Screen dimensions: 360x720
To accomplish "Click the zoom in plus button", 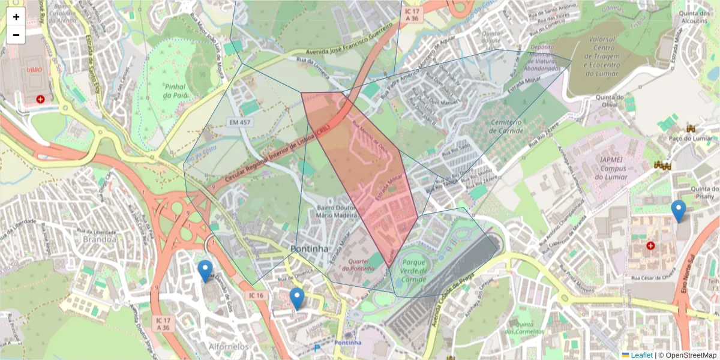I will (16, 17).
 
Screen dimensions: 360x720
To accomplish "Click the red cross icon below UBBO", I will (40, 98).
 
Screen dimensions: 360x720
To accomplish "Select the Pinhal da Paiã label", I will (176, 91).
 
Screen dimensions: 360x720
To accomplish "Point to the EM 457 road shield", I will (239, 122).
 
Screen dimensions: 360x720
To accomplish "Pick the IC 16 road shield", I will (256, 295).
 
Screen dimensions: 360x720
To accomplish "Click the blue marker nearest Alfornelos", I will (205, 271).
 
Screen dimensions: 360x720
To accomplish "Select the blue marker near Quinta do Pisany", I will (679, 211).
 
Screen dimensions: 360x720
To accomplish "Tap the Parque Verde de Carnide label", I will (414, 271).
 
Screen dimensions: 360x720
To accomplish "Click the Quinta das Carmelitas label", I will (524, 327).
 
